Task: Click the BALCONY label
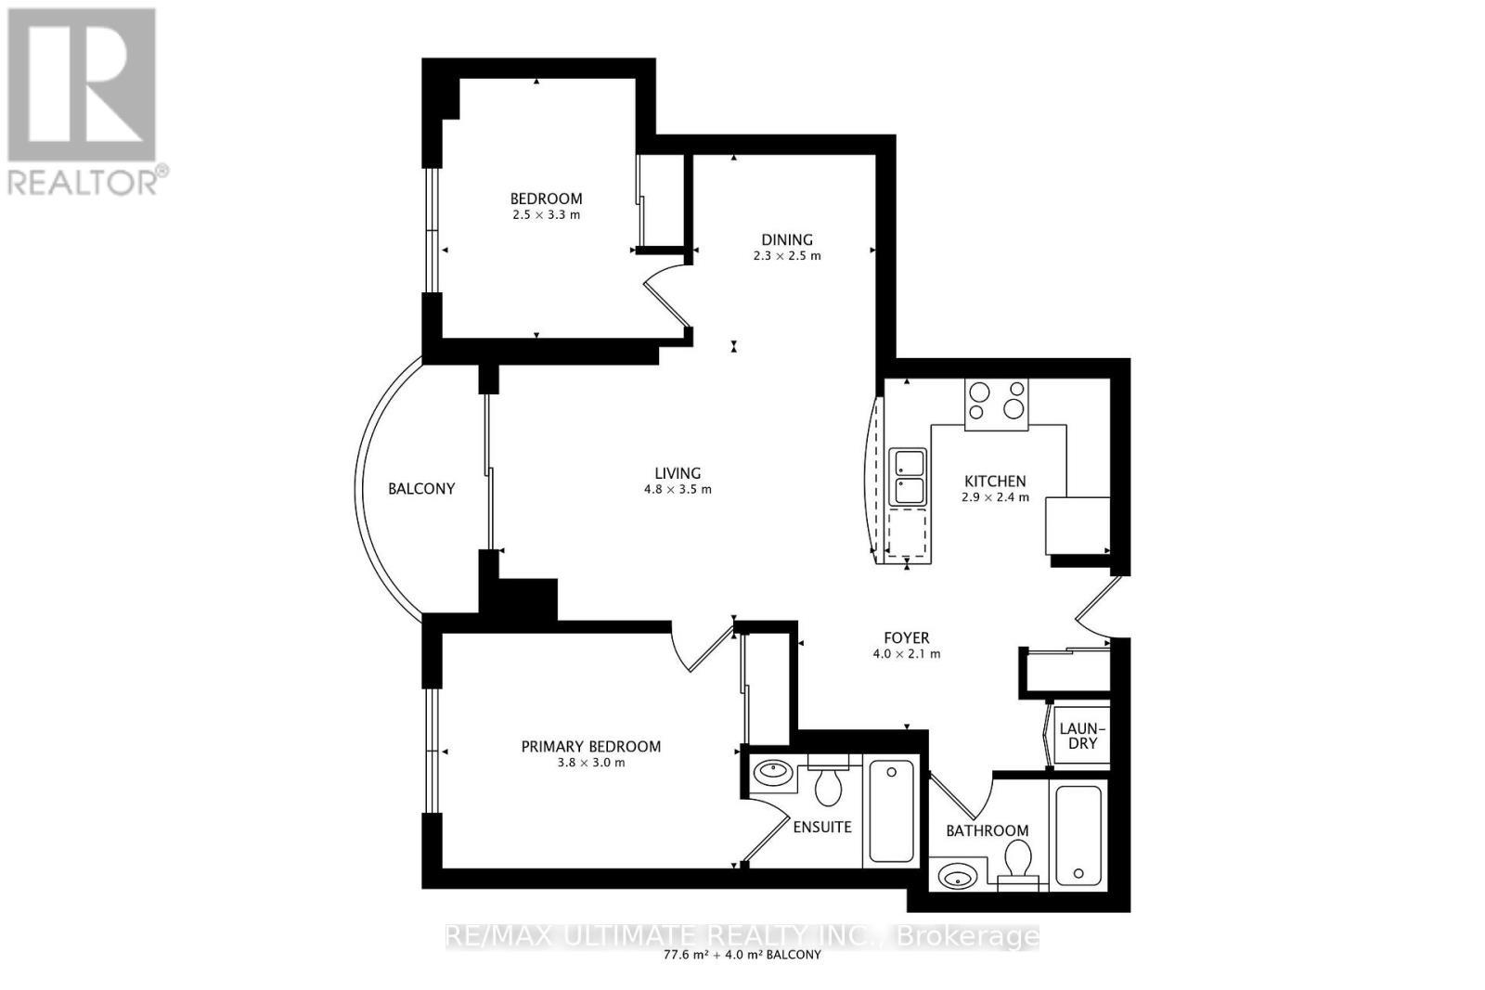click(421, 488)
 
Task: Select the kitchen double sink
click(908, 477)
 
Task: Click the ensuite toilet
click(828, 784)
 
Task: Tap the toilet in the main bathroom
click(1018, 863)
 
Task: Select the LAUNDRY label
click(1078, 736)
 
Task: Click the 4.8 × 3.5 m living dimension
click(678, 489)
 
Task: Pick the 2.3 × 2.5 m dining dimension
click(787, 255)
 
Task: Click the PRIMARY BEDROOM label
click(591, 747)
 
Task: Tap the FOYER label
click(906, 638)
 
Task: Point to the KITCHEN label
click(995, 481)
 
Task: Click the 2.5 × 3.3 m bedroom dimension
click(546, 214)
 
